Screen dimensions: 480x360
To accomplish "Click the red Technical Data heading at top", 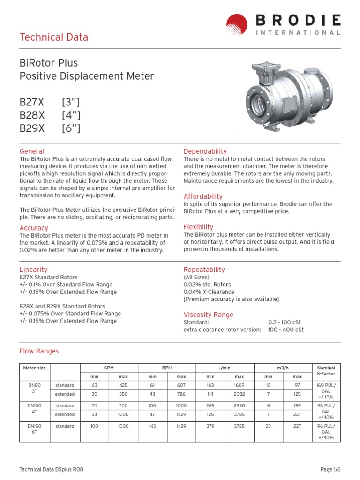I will click(x=53, y=37).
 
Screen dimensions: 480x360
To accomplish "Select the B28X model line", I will click(x=50, y=115).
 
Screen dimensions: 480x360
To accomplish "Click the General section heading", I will click(x=32, y=151).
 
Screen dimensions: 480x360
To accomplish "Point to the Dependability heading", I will click(x=205, y=151).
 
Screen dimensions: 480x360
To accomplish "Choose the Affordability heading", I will click(x=203, y=196).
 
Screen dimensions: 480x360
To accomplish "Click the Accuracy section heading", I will click(x=34, y=228).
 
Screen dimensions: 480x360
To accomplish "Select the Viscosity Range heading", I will click(x=208, y=315).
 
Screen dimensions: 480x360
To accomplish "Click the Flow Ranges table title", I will click(x=39, y=351).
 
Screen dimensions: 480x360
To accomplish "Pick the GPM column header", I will click(x=109, y=368).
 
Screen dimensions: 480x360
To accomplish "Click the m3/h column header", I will click(x=283, y=368).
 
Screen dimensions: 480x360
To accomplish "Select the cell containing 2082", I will click(x=239, y=394).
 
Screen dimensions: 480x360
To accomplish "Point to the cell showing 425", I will click(x=123, y=385).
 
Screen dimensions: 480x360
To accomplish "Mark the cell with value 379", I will click(x=210, y=426).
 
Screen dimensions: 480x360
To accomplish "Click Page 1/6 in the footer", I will click(x=330, y=469).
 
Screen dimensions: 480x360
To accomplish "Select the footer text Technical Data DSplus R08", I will click(x=51, y=469).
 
